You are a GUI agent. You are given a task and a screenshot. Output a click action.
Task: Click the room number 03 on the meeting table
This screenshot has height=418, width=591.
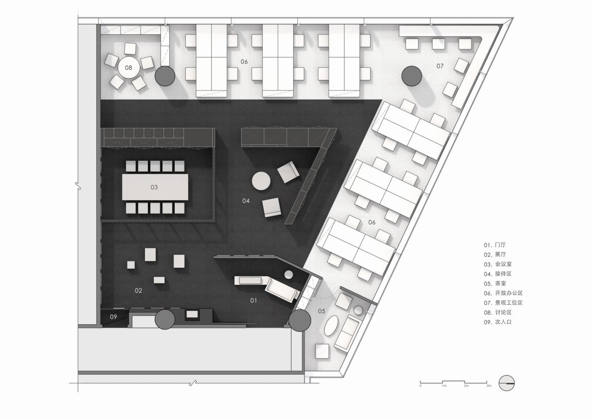[x=154, y=187]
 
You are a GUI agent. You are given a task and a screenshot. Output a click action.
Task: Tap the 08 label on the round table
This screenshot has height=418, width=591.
[x=128, y=68]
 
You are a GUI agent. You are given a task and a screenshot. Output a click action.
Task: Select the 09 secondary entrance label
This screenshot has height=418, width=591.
[x=113, y=317]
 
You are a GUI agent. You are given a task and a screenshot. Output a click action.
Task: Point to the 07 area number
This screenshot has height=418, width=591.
[x=440, y=66]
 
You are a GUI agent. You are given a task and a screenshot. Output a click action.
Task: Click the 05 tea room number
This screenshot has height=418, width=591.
[x=321, y=311]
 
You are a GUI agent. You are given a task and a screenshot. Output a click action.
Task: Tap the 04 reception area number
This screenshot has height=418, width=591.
[x=246, y=201]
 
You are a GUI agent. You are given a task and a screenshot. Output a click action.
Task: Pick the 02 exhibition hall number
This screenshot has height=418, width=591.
[x=139, y=291]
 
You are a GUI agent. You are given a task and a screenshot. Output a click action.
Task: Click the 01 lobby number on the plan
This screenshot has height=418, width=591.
[x=253, y=301]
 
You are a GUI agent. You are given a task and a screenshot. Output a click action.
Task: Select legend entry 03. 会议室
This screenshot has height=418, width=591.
[x=498, y=264]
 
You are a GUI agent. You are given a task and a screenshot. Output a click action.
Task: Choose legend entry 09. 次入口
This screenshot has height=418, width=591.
[x=498, y=322]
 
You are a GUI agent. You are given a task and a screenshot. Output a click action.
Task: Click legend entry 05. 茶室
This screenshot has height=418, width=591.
[x=495, y=283]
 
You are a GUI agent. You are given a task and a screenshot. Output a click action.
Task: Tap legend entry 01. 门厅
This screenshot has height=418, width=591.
[x=495, y=245]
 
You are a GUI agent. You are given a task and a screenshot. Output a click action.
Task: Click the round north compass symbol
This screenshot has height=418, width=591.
[x=507, y=383]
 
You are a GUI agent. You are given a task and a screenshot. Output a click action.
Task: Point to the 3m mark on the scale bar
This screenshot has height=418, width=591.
[x=488, y=385]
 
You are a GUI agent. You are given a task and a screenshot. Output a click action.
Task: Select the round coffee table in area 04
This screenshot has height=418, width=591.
[x=261, y=181]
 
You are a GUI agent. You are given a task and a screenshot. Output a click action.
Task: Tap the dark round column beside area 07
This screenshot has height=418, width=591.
[x=411, y=76]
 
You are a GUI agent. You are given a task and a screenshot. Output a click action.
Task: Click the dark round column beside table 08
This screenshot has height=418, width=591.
[x=164, y=76]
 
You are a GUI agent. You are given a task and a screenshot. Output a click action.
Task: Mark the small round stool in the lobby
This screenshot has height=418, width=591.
[x=289, y=275]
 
